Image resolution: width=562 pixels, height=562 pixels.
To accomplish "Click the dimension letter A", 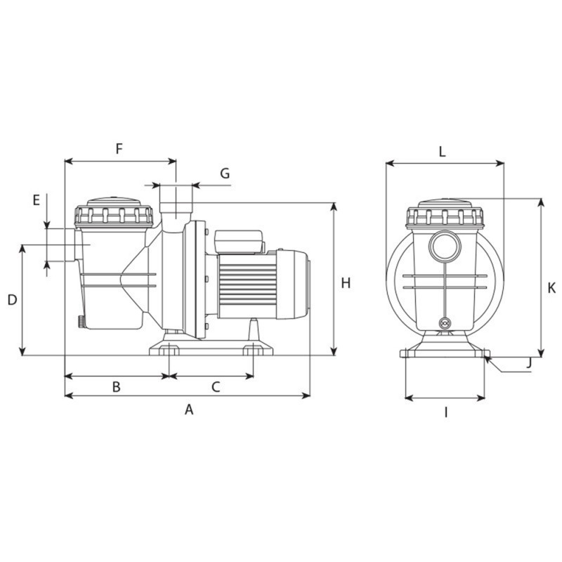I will coord(188,410).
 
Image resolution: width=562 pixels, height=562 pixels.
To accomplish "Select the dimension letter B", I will coord(117,386).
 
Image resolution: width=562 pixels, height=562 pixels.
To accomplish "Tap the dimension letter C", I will coord(216,386).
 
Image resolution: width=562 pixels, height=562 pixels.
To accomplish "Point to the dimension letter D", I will coord(12,300).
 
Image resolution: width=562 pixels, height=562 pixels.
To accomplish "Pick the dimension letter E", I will coord(37,200).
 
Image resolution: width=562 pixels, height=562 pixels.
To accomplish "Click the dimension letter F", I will coord(119,148).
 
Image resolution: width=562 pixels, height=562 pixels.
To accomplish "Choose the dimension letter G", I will coord(224,173).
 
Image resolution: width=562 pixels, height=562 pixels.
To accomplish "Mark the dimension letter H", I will coord(345,283).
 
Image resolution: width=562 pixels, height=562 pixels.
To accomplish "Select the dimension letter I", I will coord(445,412).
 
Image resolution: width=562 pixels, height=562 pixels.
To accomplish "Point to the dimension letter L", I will coord(442,151).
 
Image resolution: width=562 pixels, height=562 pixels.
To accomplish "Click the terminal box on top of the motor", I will coord(238,241).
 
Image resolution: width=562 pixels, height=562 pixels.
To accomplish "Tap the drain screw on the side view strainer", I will coord(81,322).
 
